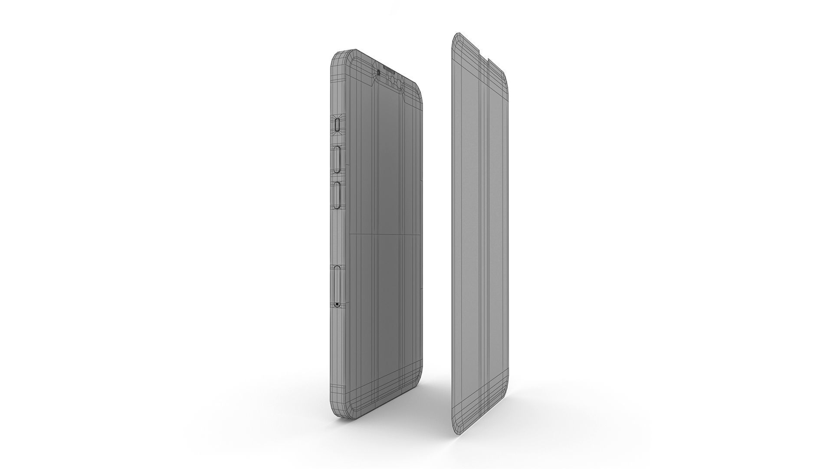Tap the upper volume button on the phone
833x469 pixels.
338,159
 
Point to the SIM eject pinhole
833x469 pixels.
338,304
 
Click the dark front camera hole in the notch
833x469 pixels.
379,73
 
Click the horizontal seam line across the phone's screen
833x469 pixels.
384,235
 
